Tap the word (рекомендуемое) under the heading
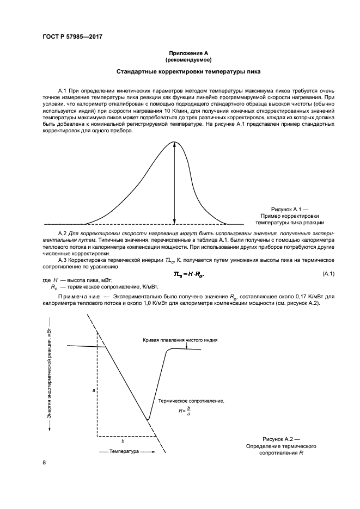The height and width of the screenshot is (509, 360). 189,60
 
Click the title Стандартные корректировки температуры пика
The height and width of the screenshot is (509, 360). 189,72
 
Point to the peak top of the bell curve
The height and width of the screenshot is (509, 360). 174,142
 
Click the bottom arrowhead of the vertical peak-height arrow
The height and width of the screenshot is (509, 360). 174,221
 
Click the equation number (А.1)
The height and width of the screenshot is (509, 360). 328,272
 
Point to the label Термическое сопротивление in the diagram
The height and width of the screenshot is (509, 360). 191,400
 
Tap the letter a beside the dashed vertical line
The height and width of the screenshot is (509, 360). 94,391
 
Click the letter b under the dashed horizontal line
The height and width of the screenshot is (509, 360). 123,441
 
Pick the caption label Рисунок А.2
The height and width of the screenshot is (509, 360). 281,439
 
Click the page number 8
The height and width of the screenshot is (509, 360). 44,463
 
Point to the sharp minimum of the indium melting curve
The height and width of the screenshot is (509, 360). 148,420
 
